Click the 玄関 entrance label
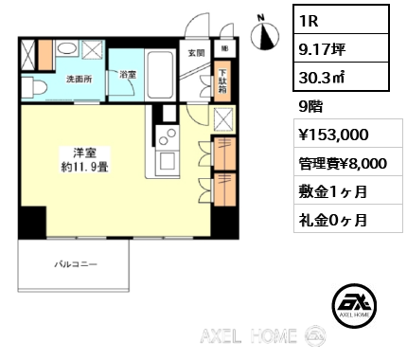coord(196,52)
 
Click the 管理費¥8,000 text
coord(342,162)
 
